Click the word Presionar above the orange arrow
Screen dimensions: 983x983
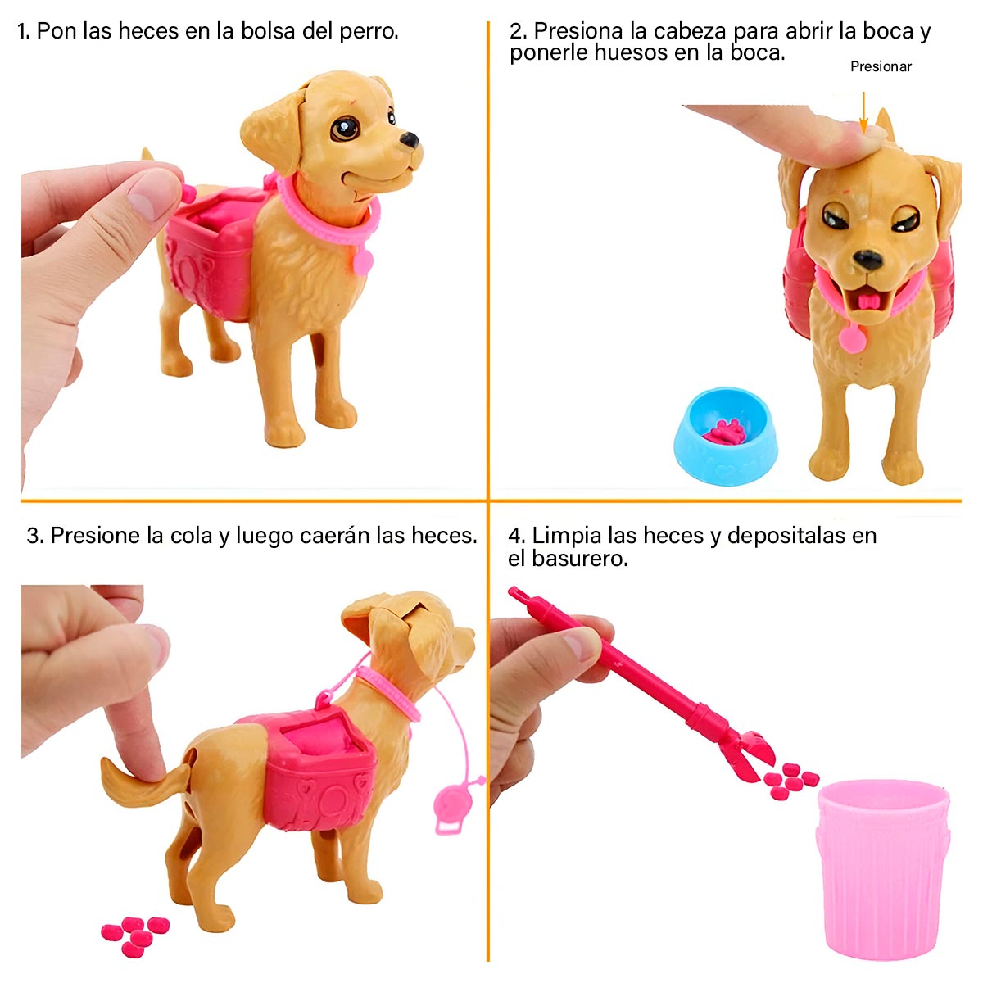(881, 66)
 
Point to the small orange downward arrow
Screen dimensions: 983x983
(863, 110)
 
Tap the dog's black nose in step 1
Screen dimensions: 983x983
(410, 140)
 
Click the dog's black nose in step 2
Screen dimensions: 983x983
(867, 259)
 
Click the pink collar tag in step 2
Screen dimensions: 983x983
(852, 337)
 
